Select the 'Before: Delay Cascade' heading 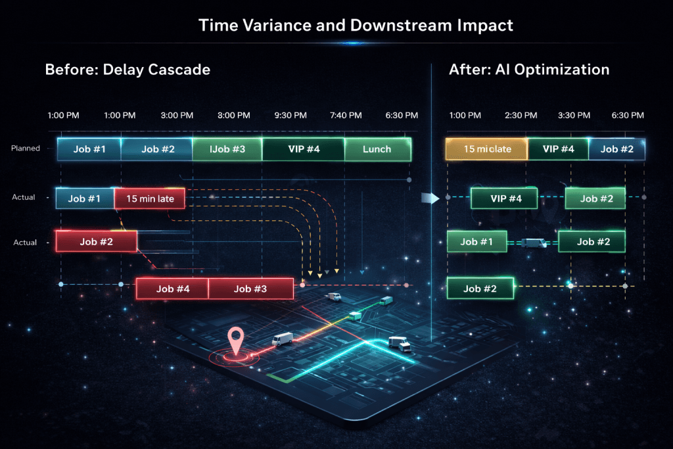pos(128,69)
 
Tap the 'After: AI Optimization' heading pos(529,69)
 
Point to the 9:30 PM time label pos(290,115)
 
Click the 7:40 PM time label pos(346,115)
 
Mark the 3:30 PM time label pos(574,115)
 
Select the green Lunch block pos(377,149)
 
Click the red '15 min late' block pos(150,198)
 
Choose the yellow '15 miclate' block pos(486,149)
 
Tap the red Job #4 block pos(172,289)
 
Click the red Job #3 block pos(250,289)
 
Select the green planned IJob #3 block pos(227,149)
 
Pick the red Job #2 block pos(97,241)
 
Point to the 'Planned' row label pos(26,149)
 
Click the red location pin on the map pos(235,341)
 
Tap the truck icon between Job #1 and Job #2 pos(533,243)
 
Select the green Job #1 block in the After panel pos(477,242)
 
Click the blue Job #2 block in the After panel pos(616,149)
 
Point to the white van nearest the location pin pos(283,339)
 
